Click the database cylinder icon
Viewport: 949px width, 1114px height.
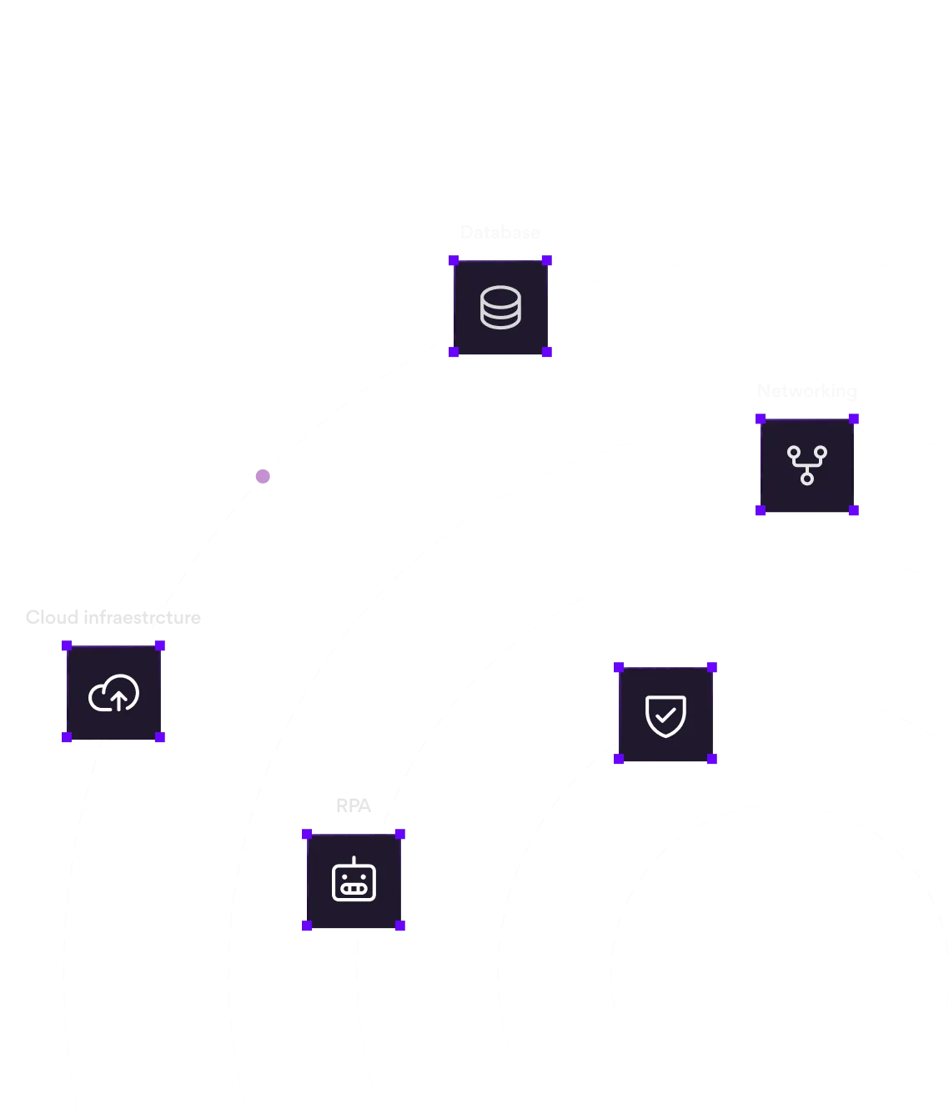[500, 308]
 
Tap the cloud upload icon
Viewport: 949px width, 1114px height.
[113, 693]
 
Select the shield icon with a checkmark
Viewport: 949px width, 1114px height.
[665, 715]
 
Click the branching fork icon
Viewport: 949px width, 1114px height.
[806, 465]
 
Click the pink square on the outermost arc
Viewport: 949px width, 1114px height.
[264, 477]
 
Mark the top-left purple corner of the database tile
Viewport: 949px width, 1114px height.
[454, 261]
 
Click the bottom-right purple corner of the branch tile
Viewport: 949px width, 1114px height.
[853, 511]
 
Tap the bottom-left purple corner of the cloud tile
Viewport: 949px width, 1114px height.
[67, 738]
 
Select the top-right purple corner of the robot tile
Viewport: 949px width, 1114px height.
[400, 834]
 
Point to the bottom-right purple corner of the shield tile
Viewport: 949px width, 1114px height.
[713, 760]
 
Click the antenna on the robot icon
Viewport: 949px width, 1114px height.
[354, 861]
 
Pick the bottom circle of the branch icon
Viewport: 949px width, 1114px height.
[806, 479]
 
